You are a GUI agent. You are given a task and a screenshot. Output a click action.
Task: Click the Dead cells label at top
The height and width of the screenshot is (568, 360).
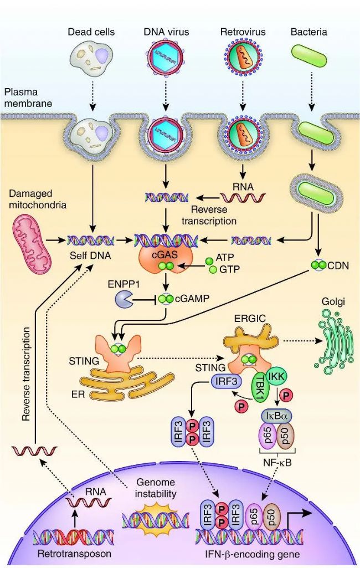[91, 32]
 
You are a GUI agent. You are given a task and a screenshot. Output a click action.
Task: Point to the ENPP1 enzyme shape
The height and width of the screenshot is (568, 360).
[122, 299]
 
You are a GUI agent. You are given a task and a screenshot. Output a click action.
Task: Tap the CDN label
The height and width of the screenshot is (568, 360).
[338, 265]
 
